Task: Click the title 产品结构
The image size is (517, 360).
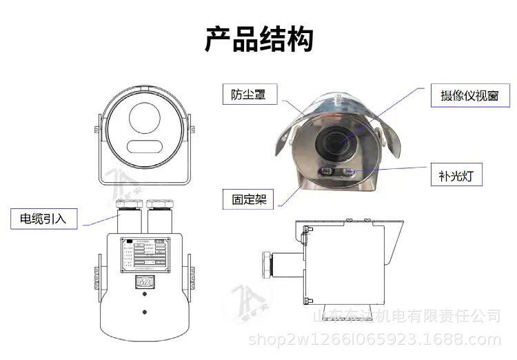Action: (x=258, y=39)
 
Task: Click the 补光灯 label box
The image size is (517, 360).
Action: (x=456, y=176)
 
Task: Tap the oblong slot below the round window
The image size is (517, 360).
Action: (x=144, y=146)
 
